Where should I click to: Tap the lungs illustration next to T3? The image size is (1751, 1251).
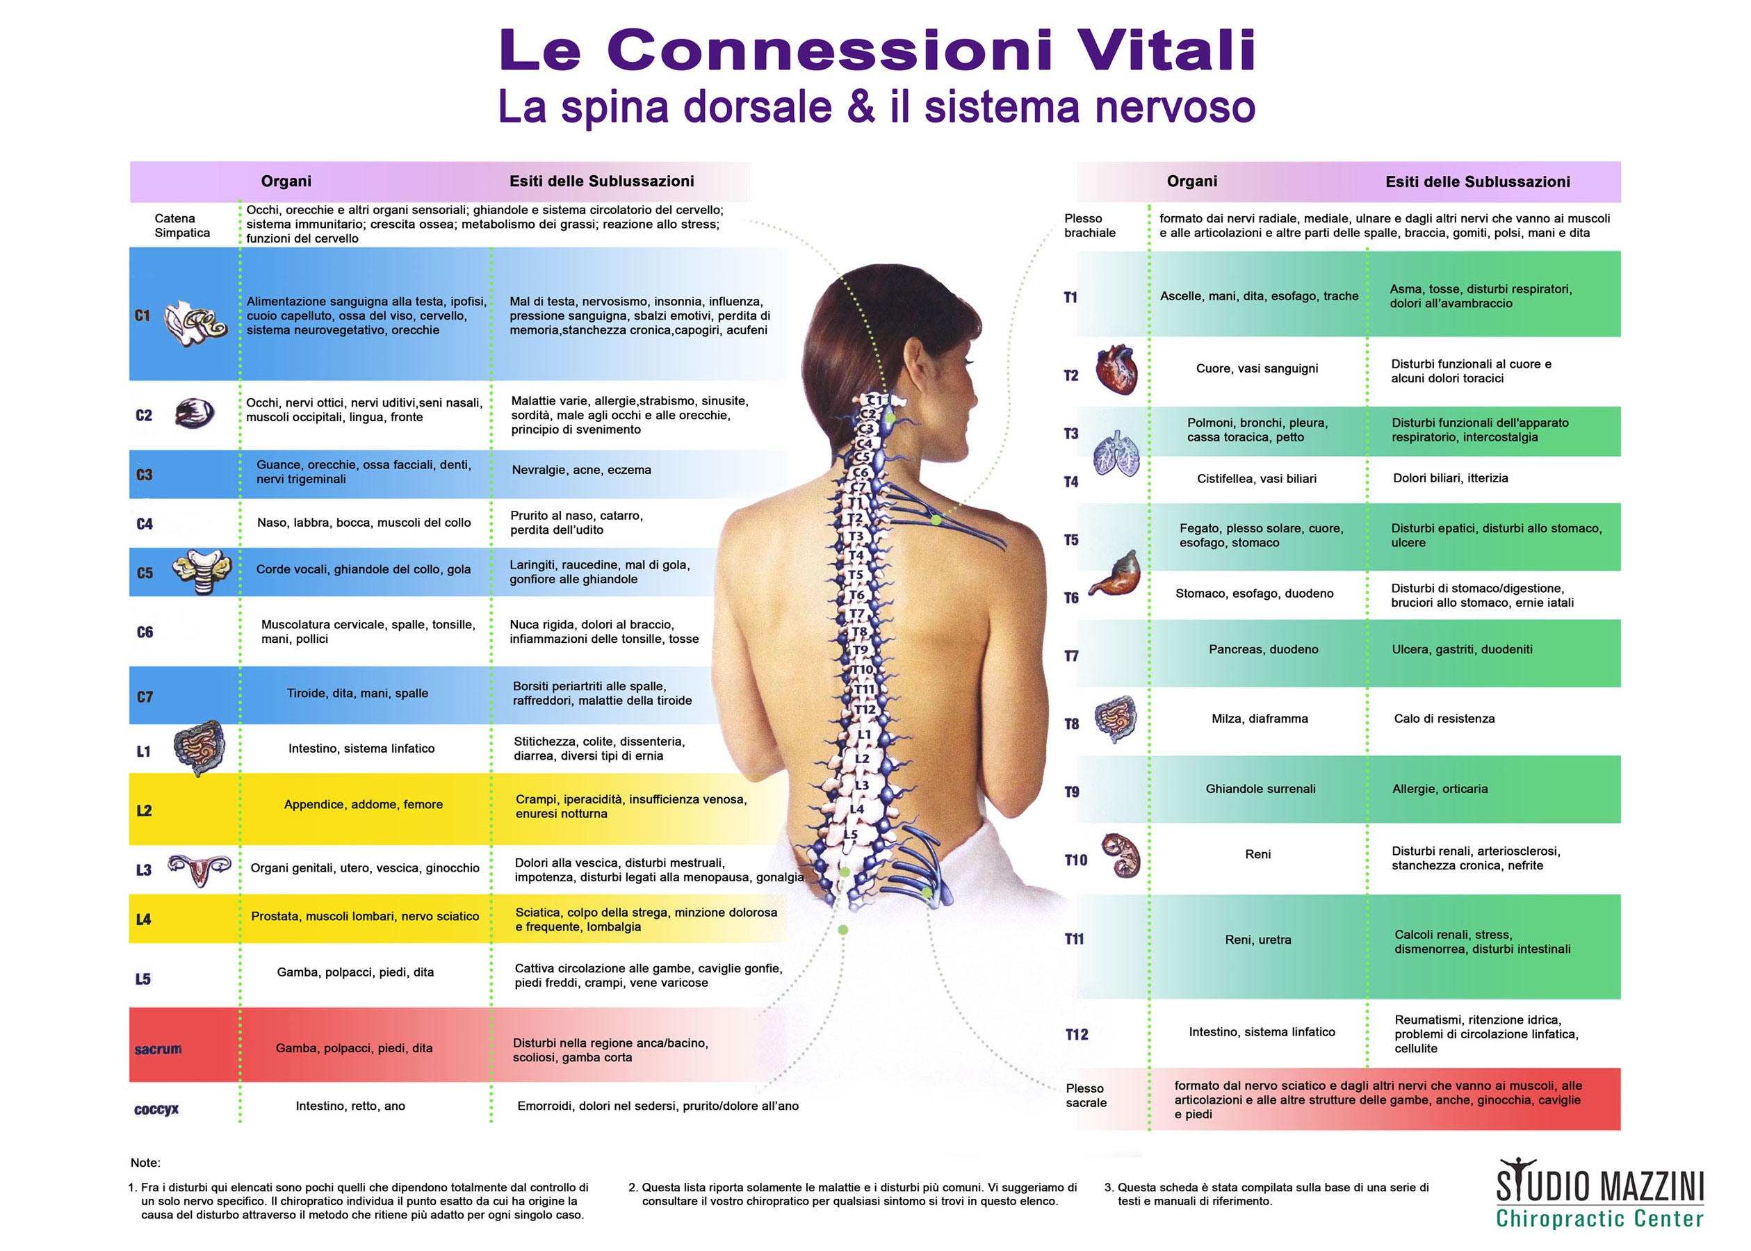tap(1116, 454)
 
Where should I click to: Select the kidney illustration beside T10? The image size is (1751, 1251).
tap(1120, 856)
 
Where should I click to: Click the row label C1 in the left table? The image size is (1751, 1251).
tap(142, 316)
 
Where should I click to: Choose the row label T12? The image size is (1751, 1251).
tap(1076, 1035)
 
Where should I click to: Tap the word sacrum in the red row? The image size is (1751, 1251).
tap(158, 1049)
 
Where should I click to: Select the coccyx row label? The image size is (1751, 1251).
tap(156, 1109)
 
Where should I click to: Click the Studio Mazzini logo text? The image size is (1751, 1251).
tap(1599, 1193)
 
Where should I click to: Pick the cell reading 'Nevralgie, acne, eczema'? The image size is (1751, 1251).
tap(581, 470)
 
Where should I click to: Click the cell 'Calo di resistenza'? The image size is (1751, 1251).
tap(1444, 719)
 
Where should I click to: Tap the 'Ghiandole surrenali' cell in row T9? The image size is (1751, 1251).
tap(1260, 789)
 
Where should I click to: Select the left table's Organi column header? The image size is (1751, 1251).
tap(286, 181)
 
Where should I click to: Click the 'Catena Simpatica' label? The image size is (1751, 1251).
tap(182, 226)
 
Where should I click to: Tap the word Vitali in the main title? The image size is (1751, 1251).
tap(1166, 50)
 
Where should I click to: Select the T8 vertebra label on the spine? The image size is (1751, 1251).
tap(860, 632)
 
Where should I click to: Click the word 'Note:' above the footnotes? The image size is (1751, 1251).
tap(145, 1163)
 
